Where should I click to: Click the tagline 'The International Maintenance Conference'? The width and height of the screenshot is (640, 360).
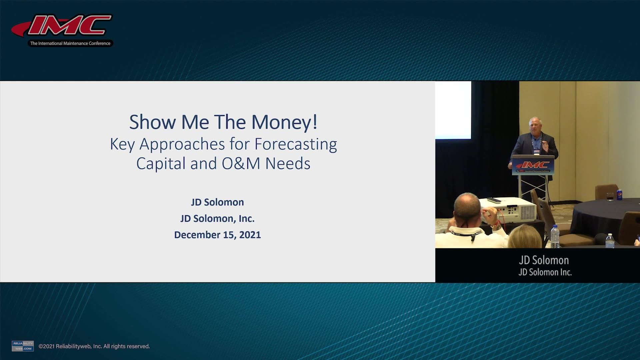tap(70, 43)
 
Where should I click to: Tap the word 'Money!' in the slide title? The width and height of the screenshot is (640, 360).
tap(284, 122)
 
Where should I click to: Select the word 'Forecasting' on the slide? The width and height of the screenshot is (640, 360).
tap(296, 144)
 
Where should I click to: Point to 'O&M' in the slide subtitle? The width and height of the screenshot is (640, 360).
tap(241, 164)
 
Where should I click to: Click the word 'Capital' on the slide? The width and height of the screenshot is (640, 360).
tap(161, 164)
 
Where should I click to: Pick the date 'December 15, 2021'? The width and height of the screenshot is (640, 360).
tap(217, 235)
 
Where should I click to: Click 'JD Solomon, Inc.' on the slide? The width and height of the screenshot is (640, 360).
tap(217, 218)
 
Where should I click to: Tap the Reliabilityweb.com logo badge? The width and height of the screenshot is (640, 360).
tap(23, 346)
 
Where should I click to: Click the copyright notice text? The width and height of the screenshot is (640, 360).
tap(94, 346)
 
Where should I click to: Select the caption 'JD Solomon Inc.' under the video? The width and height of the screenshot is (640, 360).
tap(545, 272)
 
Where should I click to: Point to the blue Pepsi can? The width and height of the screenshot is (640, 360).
tap(619, 195)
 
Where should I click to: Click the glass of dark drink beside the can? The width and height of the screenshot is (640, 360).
tap(610, 196)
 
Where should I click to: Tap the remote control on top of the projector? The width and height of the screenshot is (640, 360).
tap(494, 200)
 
